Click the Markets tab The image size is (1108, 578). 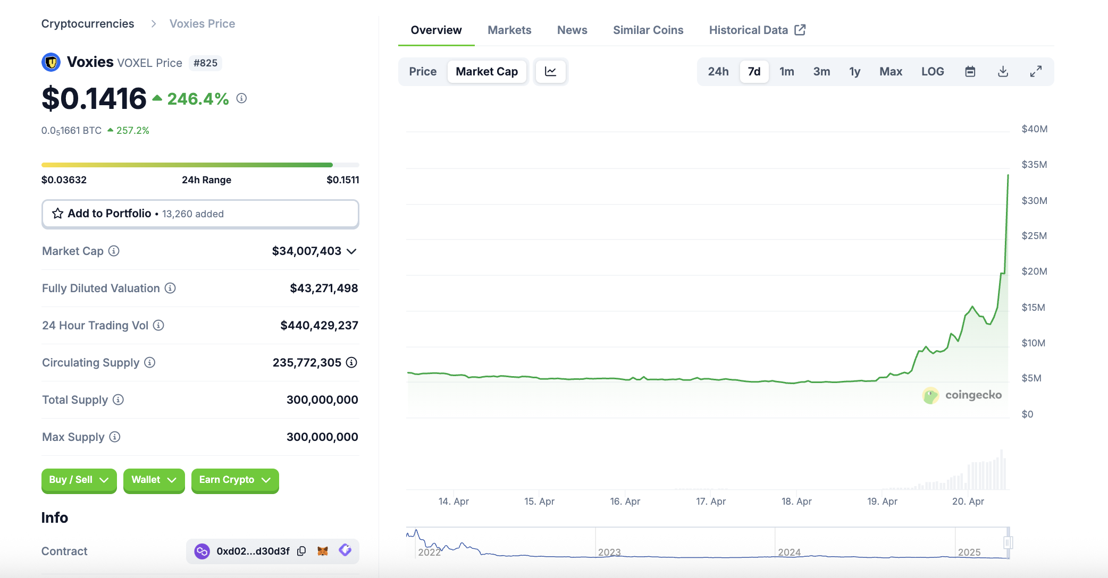[x=509, y=30]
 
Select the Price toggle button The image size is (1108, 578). [x=423, y=72]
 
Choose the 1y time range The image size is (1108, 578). [x=854, y=72]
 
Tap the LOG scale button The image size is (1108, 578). [x=933, y=72]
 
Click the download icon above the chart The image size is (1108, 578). [x=1003, y=72]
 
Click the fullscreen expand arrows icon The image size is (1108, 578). [x=1036, y=72]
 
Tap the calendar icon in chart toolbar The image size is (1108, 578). [x=970, y=72]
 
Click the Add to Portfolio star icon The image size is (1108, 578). [x=57, y=214]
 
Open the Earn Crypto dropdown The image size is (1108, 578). [x=235, y=480]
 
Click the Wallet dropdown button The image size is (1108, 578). [x=154, y=480]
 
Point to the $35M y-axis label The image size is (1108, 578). [x=1034, y=165]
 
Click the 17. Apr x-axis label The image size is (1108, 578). [x=711, y=501]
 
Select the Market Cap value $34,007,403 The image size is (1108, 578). [x=306, y=251]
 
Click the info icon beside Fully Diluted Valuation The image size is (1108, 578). [x=170, y=288]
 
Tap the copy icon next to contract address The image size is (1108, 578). [x=301, y=551]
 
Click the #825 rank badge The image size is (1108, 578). [x=205, y=63]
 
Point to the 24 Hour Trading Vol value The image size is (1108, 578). [x=319, y=326]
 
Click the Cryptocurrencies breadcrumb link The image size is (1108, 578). [x=88, y=24]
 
